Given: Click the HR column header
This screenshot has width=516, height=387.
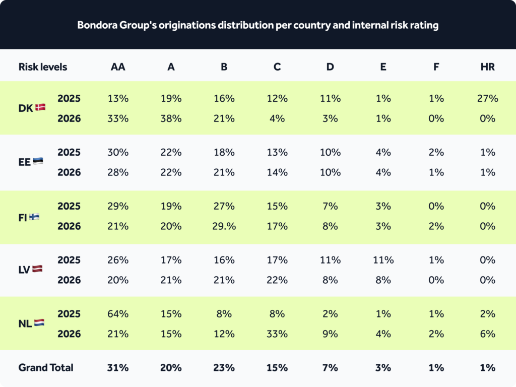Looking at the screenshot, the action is click(487, 67).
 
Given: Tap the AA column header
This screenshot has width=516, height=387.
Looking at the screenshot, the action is click(118, 67).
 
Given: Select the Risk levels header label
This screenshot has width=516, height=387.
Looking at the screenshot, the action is click(43, 67).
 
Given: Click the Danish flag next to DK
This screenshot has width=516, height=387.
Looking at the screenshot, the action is click(40, 107).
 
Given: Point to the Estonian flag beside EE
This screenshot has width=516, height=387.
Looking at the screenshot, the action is click(38, 161).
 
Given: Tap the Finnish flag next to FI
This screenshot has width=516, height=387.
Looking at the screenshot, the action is click(34, 217).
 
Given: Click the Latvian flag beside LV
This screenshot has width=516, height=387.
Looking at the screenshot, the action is click(37, 269).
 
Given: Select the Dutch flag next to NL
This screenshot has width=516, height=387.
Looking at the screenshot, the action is click(39, 322).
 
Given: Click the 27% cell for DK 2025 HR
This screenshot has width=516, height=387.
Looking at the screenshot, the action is click(487, 98).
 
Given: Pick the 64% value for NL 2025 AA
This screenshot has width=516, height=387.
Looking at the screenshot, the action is click(118, 313).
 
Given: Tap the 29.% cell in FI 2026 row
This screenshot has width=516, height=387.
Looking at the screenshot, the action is click(224, 226).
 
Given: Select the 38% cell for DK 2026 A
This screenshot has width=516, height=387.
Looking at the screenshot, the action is click(171, 118).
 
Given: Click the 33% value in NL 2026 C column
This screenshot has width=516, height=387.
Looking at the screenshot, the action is click(277, 334).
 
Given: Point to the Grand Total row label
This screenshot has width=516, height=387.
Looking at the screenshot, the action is click(46, 367).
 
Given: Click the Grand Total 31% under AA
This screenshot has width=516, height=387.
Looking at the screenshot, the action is click(118, 367).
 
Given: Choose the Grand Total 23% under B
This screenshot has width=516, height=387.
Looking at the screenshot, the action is click(224, 367).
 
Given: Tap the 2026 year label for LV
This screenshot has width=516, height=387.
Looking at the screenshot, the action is click(69, 280).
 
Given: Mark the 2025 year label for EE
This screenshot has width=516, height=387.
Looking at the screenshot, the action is click(69, 152).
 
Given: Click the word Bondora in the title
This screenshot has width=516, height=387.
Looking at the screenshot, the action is click(97, 25).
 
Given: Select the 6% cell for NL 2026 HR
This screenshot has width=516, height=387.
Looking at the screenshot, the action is click(487, 334).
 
